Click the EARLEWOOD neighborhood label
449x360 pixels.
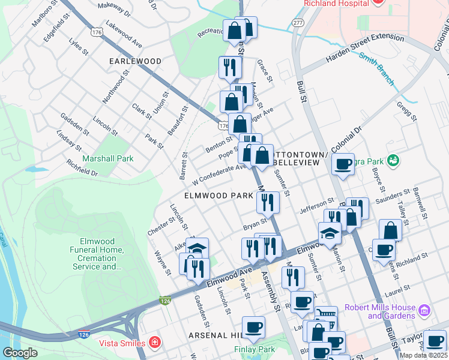click(135, 61)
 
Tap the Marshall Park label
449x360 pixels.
click(109, 158)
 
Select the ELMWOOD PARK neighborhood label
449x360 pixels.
click(218, 196)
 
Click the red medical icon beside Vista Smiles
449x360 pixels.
click(155, 343)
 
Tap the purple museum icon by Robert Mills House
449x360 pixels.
click(424, 311)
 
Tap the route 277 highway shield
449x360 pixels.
click(298, 22)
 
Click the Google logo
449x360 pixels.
click(20, 353)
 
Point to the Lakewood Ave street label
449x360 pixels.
click(123, 36)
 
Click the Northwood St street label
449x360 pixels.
click(116, 88)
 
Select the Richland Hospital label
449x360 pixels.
click(336, 4)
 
